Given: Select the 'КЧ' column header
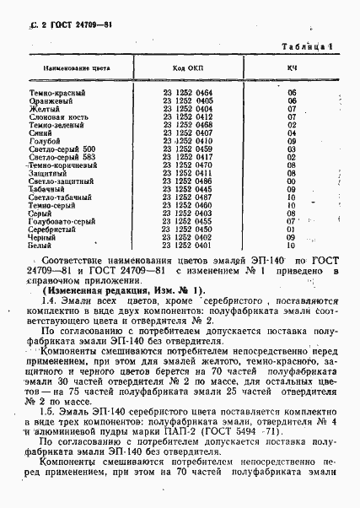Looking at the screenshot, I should (291, 66).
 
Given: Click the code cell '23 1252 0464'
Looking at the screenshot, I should (187, 94).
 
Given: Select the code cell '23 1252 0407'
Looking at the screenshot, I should (187, 132).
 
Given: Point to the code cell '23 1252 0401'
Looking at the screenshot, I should (187, 244).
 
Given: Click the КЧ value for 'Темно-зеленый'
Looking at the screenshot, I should (292, 124).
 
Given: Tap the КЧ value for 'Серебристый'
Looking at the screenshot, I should (292, 229).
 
